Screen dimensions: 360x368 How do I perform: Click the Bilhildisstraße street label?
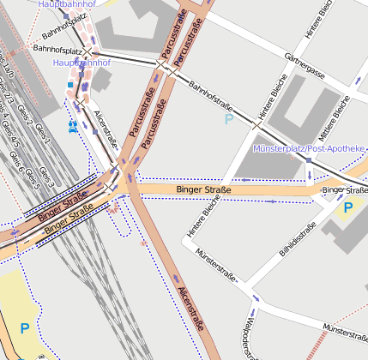(306, 237)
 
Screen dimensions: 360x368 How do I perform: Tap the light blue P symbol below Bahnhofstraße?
(228, 120)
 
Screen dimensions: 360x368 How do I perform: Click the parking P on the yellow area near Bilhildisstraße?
(347, 207)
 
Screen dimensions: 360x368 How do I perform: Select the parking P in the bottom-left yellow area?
(25, 328)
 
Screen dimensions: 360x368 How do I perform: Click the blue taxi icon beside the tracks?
(73, 125)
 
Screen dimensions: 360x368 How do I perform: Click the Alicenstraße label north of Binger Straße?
(105, 129)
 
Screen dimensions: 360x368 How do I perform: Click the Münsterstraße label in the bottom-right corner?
(344, 331)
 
